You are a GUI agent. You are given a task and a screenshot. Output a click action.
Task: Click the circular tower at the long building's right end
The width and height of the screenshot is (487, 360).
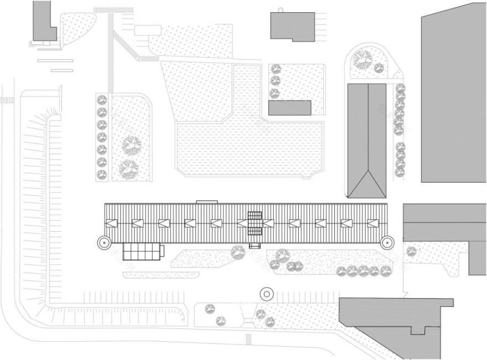point(386,241)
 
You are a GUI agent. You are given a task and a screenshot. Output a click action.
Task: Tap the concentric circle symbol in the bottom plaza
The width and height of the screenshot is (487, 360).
point(266,293)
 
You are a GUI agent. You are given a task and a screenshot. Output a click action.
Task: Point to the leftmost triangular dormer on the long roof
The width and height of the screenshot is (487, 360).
point(112,223)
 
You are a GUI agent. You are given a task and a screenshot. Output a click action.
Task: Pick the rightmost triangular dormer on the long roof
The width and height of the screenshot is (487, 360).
point(374,223)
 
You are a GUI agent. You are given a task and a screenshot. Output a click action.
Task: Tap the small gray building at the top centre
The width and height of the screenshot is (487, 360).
point(292,26)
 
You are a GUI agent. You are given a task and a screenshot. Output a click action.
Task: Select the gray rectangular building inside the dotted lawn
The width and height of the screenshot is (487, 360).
point(289,107)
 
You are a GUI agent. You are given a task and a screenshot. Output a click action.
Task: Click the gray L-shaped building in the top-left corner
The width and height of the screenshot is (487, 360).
point(42,22)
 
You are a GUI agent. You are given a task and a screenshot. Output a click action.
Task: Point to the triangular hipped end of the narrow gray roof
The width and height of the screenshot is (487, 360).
point(366,185)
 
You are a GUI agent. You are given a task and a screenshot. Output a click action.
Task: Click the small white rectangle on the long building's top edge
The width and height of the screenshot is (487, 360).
point(207,202)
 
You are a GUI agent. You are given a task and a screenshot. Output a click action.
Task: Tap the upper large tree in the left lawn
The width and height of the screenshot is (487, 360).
point(132,145)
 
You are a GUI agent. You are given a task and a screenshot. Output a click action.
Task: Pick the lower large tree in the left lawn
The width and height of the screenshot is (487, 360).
point(128,168)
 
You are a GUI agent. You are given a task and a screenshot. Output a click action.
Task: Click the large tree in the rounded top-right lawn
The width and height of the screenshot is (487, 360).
point(362,59)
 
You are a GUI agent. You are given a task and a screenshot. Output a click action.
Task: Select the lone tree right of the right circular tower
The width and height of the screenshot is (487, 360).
point(411,251)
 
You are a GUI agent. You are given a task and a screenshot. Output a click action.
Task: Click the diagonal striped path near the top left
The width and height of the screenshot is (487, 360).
point(126,46)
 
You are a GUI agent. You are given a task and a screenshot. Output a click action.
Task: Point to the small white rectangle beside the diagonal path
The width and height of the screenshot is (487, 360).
point(147,30)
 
